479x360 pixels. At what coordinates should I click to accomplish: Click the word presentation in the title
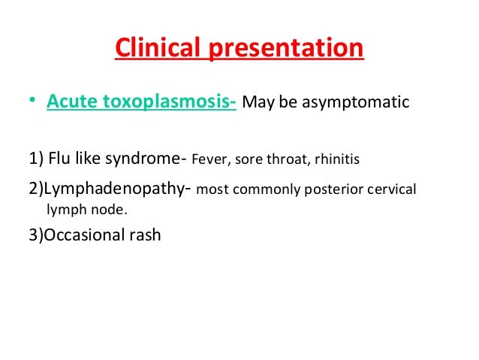(x=290, y=48)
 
